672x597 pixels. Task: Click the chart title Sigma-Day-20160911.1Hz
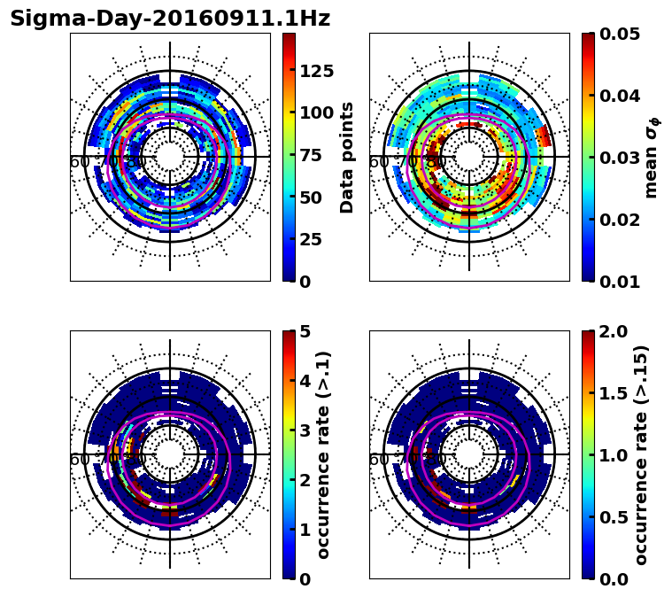coord(170,19)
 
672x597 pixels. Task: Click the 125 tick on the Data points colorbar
coord(316,72)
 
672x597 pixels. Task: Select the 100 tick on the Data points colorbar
coord(316,112)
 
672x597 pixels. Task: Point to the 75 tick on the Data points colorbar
coord(311,155)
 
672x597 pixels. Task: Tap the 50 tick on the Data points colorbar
coord(311,198)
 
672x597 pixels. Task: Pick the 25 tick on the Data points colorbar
coord(311,239)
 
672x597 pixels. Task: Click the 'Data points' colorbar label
coord(347,157)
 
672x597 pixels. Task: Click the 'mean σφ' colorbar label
coord(652,158)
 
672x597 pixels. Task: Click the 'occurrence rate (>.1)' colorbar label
coord(324,455)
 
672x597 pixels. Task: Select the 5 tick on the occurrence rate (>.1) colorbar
coord(305,331)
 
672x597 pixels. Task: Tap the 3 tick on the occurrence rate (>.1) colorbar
coord(305,430)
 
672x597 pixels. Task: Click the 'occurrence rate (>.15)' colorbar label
coord(641,455)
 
